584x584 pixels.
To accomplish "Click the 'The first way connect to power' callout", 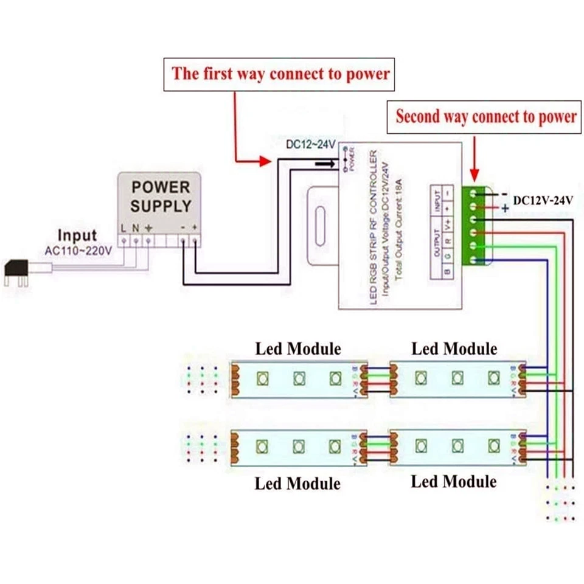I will click(x=280, y=74).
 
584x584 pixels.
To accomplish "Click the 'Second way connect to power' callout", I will click(x=485, y=117).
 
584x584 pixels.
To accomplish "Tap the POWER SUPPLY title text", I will click(x=161, y=195).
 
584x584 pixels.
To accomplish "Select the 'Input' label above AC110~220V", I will click(x=77, y=235).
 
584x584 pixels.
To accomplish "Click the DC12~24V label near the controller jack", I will click(x=310, y=145).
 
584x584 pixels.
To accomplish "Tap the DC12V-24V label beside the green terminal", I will click(x=543, y=200).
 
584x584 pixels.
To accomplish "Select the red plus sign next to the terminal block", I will click(x=504, y=208).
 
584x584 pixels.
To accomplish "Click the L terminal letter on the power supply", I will click(x=124, y=228).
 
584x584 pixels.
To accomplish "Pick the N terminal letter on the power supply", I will click(x=136, y=228).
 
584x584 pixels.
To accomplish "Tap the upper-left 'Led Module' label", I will click(x=297, y=349).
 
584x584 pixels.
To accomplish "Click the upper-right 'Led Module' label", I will click(x=454, y=349).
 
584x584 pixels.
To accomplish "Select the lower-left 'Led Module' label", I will click(x=297, y=484).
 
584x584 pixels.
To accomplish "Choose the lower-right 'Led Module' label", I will click(x=454, y=482).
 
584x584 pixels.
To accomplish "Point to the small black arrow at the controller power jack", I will click(x=325, y=163).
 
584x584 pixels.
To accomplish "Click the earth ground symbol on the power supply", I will click(x=147, y=228).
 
